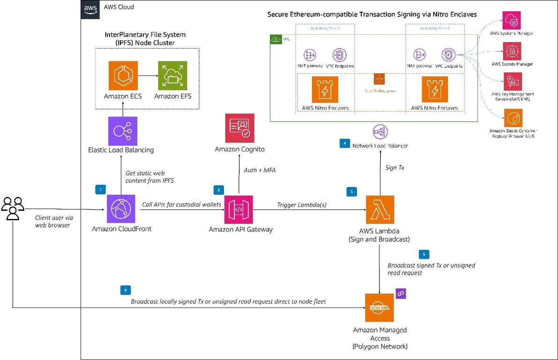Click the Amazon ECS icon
(123, 75)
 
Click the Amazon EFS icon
(172, 75)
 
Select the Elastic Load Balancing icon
(123, 131)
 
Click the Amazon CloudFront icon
(121, 210)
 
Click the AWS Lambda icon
(380, 210)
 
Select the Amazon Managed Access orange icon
(379, 308)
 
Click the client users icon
(13, 208)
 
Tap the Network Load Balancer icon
(379, 132)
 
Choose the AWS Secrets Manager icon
(512, 51)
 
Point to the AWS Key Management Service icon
(512, 82)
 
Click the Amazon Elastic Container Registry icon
(512, 118)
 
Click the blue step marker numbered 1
(100, 189)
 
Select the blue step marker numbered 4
(344, 143)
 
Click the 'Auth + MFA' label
(260, 170)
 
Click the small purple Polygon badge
(401, 293)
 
